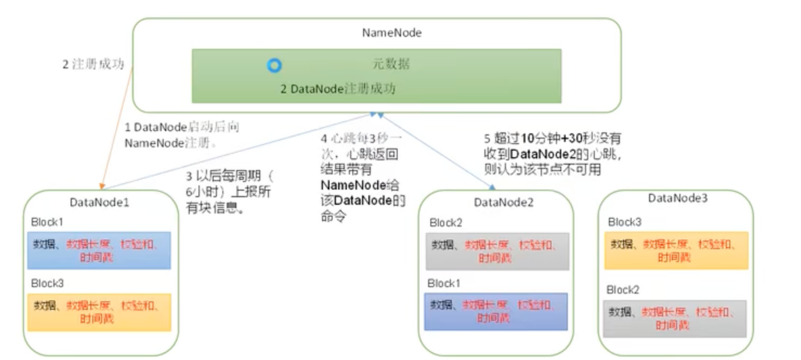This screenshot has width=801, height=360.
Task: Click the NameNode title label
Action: coord(392,33)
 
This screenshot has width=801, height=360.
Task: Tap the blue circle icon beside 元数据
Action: coord(274,65)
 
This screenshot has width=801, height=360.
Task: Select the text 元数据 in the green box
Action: coord(388,64)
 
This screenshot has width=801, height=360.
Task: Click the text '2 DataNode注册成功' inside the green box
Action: coord(338,89)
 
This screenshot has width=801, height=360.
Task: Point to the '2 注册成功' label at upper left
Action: coord(93,64)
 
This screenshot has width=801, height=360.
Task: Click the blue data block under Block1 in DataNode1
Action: coord(99,250)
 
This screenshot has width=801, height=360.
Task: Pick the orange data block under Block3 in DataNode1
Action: coord(99,312)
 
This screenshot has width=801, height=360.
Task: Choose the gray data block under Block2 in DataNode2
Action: coord(497,251)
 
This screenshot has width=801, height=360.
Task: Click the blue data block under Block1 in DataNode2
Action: coord(496,311)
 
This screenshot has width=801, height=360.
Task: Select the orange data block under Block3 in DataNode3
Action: coord(676,250)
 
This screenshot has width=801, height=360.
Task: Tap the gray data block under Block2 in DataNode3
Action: coord(675,319)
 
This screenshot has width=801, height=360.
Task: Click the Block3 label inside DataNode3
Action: coord(625,222)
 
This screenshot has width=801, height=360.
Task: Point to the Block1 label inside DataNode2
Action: coord(444,284)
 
